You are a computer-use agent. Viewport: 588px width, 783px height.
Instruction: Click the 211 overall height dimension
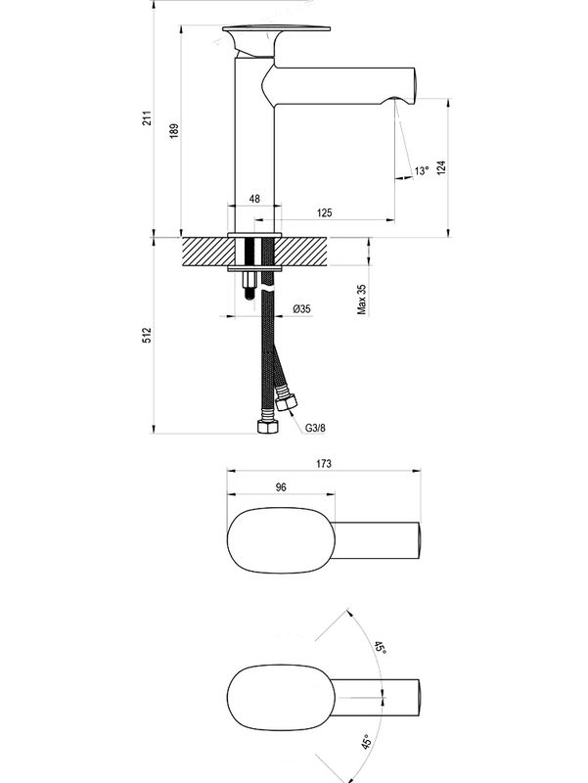pyautogui.click(x=148, y=118)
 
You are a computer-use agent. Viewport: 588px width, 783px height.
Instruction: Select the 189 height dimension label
pyautogui.click(x=174, y=131)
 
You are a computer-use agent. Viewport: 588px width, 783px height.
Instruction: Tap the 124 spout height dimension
pyautogui.click(x=441, y=167)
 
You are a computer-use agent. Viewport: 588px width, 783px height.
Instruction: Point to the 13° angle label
pyautogui.click(x=421, y=171)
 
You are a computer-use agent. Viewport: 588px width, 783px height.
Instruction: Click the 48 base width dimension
pyautogui.click(x=254, y=199)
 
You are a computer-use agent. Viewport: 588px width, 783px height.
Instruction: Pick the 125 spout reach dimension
pyautogui.click(x=324, y=212)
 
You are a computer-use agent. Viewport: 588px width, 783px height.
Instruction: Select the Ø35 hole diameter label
pyautogui.click(x=301, y=309)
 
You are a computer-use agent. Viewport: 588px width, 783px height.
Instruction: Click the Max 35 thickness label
pyautogui.click(x=361, y=299)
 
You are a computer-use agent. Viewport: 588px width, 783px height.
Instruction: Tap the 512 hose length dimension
pyautogui.click(x=148, y=336)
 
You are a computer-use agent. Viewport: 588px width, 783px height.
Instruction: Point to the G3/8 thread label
pyautogui.click(x=315, y=428)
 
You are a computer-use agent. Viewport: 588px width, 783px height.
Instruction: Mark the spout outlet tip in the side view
pyautogui.click(x=407, y=99)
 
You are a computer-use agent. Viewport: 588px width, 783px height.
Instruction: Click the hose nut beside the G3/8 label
pyautogui.click(x=263, y=427)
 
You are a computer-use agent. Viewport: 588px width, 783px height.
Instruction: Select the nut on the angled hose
pyautogui.click(x=288, y=400)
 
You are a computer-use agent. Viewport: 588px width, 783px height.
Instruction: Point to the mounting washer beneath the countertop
pyautogui.click(x=254, y=267)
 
